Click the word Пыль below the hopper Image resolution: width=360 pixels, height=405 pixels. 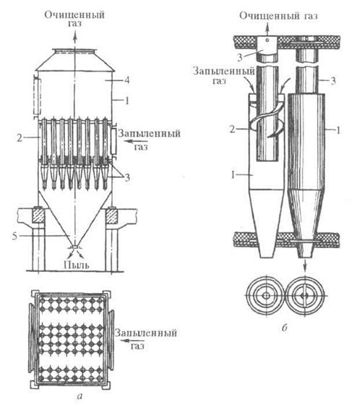pos(77,264)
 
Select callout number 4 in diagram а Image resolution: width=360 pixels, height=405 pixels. pos(127,80)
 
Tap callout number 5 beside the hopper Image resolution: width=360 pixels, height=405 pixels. pos(14,236)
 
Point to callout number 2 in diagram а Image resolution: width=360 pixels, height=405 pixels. pos(20,138)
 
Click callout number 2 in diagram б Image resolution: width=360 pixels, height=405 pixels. pos(233,129)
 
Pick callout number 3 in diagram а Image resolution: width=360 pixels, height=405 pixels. pos(127,178)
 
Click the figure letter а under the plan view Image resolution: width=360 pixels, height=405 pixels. pos(80,396)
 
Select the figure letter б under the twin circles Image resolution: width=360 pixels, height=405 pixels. pos(285,328)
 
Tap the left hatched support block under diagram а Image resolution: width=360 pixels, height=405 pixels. pos(38,216)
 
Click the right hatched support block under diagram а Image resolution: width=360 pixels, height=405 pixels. pos(111,216)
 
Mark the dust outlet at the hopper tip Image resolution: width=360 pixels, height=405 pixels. pos(74,247)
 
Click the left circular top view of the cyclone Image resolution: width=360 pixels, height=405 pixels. pos(266,295)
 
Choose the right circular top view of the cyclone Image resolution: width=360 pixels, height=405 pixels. pos(305,295)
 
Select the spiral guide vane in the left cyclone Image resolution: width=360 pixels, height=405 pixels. pos(266,119)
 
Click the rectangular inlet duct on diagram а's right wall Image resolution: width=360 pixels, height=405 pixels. pos(113,141)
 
